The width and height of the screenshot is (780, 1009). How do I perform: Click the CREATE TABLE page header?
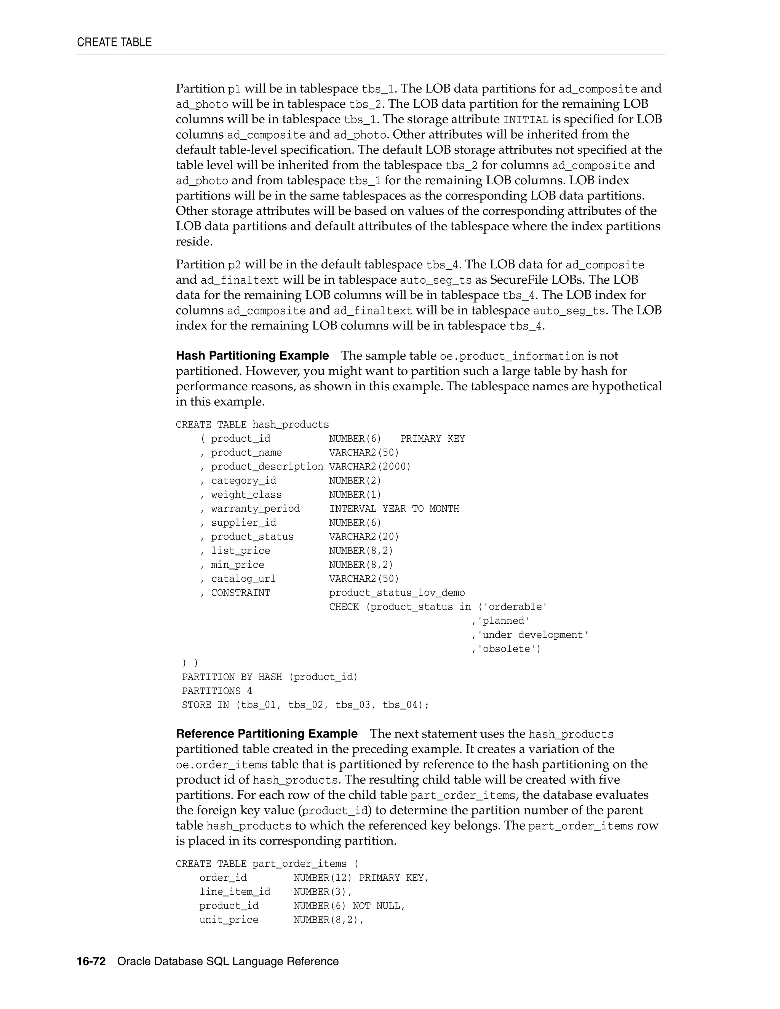click(x=114, y=43)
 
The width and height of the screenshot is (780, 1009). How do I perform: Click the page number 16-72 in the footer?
click(x=91, y=961)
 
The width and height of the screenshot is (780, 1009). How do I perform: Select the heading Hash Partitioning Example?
click(x=252, y=356)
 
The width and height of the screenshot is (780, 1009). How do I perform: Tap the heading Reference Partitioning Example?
click(x=267, y=734)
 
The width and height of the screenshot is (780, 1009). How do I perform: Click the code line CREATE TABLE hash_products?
click(x=252, y=425)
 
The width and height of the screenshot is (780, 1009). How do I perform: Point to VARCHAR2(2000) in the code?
click(x=370, y=467)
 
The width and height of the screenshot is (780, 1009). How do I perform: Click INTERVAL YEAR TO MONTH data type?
click(x=394, y=509)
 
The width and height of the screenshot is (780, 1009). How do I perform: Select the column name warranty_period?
click(x=255, y=509)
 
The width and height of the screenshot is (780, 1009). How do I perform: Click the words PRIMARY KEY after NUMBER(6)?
click(x=433, y=438)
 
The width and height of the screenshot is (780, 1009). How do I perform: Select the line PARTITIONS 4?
click(x=217, y=691)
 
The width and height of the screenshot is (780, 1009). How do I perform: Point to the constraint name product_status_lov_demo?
click(x=397, y=593)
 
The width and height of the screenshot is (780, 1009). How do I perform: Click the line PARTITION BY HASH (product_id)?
click(x=270, y=677)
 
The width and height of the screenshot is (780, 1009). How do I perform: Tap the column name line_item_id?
click(x=235, y=892)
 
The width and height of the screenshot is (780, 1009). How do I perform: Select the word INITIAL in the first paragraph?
click(x=525, y=120)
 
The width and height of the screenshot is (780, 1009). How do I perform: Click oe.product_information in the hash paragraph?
click(x=511, y=356)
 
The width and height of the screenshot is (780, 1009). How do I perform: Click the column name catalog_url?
click(x=243, y=579)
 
